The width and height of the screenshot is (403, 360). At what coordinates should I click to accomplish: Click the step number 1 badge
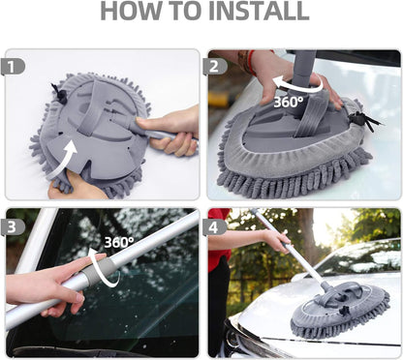13,66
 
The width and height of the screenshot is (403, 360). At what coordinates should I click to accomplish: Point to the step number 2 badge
216,66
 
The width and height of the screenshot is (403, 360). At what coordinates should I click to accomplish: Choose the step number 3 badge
13,225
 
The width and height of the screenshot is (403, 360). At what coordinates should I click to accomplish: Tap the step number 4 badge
216,225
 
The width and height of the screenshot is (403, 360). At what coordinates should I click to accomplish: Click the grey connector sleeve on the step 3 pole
92,275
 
